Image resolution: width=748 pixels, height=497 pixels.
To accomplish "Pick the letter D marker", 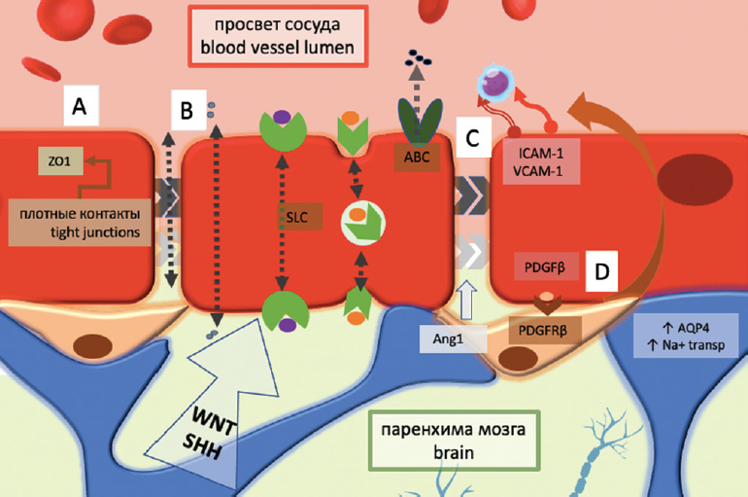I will (601, 273).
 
